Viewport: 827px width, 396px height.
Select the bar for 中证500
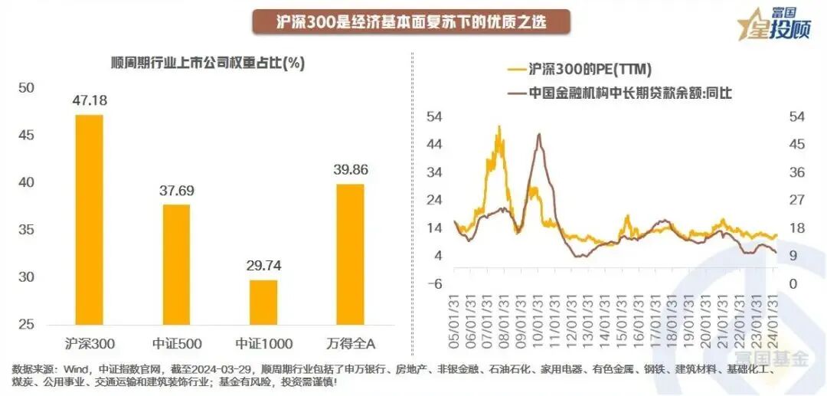[x=176, y=264]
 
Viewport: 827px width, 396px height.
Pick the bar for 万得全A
[x=350, y=254]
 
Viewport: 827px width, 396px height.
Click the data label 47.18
[x=89, y=100]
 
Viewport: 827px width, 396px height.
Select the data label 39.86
[x=350, y=170]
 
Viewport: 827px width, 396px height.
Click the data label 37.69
[x=176, y=191]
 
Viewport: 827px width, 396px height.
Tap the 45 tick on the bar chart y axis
[x=26, y=136]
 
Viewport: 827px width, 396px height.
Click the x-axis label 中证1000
[x=263, y=341]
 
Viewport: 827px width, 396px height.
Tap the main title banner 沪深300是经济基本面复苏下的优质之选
[x=412, y=22]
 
